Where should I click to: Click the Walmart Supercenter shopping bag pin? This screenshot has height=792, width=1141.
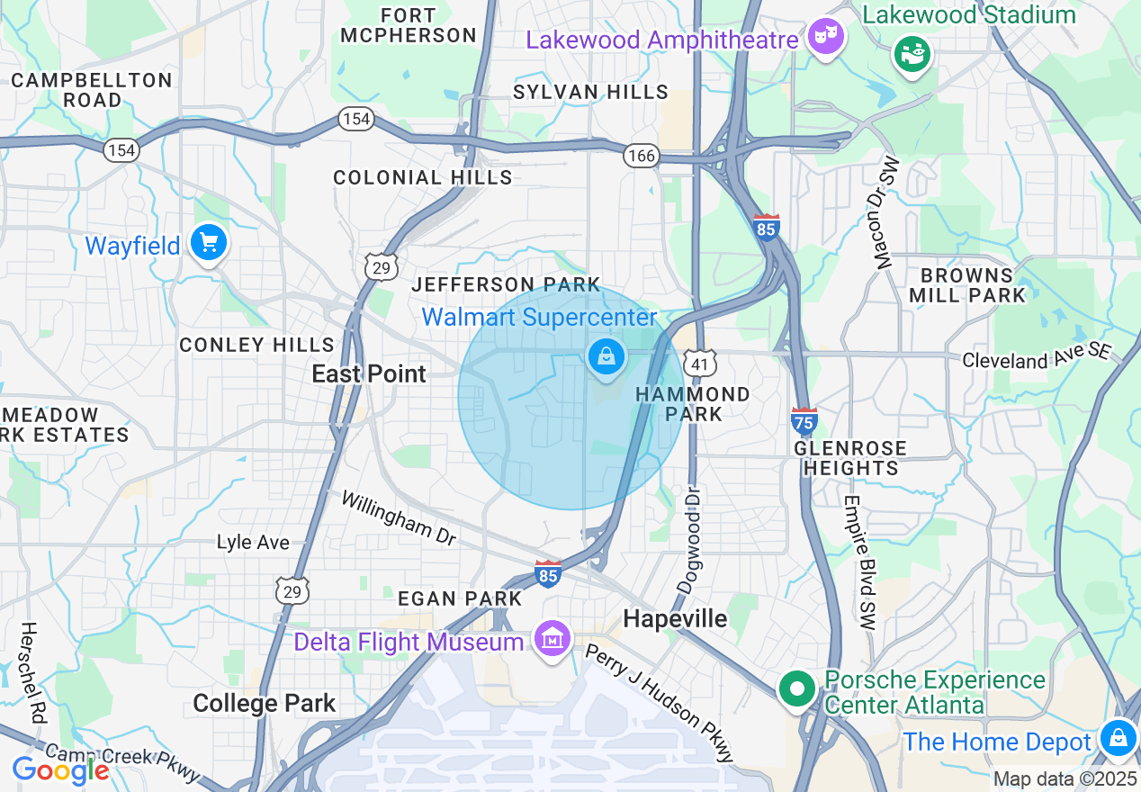coord(607,357)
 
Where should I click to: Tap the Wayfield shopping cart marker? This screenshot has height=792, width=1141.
coord(209,243)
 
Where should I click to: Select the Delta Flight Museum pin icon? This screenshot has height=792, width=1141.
coord(553,639)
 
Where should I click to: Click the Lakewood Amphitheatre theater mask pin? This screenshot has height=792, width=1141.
coord(825,38)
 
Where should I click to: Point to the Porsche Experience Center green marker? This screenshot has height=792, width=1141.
coord(796,689)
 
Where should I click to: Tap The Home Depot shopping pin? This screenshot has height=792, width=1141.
coord(1117,738)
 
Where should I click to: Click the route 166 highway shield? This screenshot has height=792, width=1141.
coord(642,156)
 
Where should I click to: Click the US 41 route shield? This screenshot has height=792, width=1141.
coord(700,363)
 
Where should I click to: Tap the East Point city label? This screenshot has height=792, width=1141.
coord(369,373)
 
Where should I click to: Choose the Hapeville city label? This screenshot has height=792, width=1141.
coord(675,618)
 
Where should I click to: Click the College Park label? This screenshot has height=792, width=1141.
coord(265,703)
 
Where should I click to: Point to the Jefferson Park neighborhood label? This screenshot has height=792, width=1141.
coord(506,284)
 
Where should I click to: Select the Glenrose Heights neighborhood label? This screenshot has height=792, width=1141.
coord(850,458)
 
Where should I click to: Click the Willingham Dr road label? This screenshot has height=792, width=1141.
coord(399,518)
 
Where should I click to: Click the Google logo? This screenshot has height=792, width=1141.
coord(59,770)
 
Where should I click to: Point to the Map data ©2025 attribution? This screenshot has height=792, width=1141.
coord(1065,778)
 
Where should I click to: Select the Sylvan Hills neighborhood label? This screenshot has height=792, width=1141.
coord(590,92)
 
